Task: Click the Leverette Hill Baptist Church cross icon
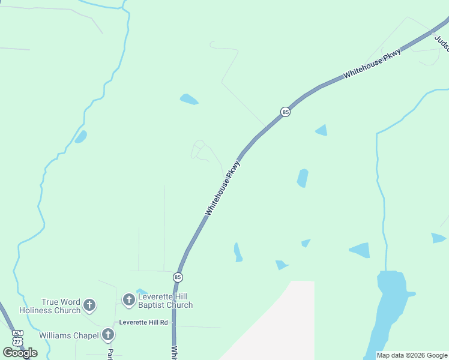click(x=128, y=299)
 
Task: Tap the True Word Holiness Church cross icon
click(x=89, y=305)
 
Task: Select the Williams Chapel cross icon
click(x=108, y=334)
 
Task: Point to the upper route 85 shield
click(x=285, y=112)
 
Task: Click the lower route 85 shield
click(x=178, y=277)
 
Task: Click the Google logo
click(x=20, y=353)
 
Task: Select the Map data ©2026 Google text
click(x=412, y=355)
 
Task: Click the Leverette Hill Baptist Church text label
click(x=165, y=300)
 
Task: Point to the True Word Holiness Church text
click(x=50, y=306)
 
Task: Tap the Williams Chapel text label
click(x=69, y=335)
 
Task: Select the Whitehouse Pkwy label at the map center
click(x=222, y=188)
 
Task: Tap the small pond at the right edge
click(x=438, y=238)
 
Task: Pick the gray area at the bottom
click(x=282, y=327)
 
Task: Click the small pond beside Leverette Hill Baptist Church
click(x=142, y=292)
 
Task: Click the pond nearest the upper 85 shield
click(x=322, y=130)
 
